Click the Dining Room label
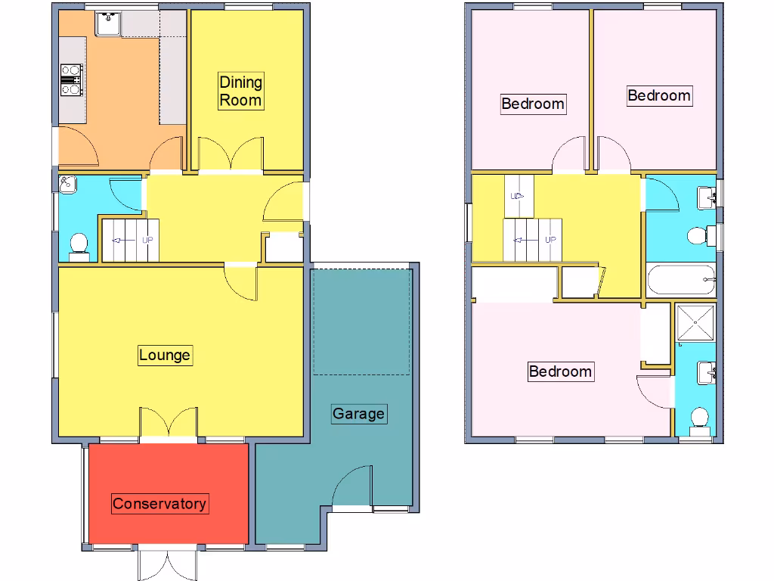[240, 91]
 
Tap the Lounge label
[165, 355]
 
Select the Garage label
[359, 414]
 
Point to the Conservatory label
[159, 504]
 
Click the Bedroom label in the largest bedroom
[560, 371]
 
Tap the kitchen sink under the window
[109, 23]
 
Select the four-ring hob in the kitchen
[71, 80]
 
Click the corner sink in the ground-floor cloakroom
[67, 183]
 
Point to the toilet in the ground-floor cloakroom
[78, 244]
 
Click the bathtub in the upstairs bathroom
[681, 280]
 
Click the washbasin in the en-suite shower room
[707, 372]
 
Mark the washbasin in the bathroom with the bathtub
[707, 197]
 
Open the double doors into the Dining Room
[231, 155]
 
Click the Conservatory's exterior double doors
[168, 563]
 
